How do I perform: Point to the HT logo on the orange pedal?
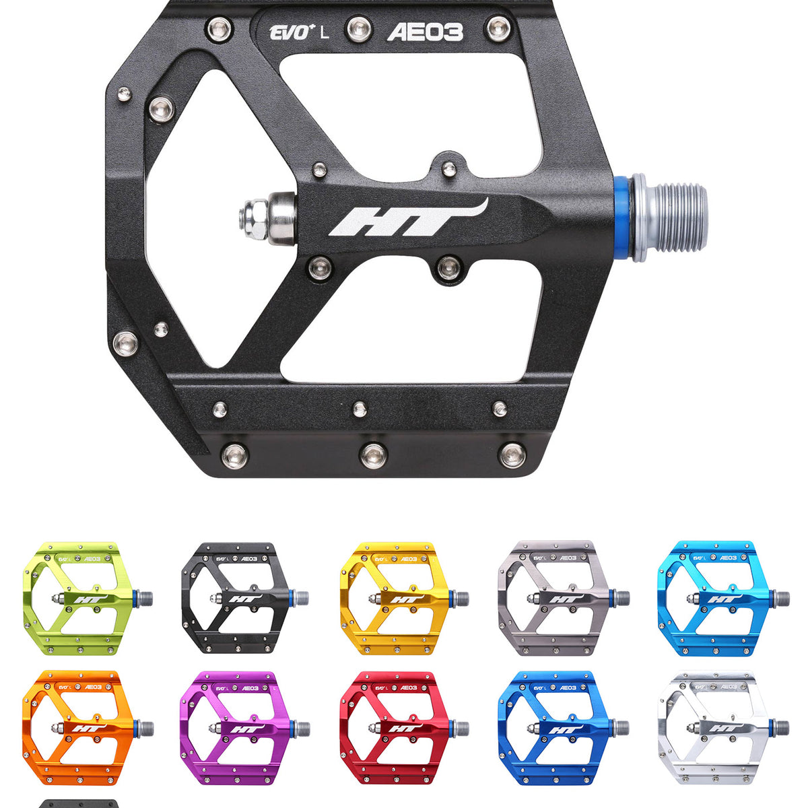(x=84, y=729)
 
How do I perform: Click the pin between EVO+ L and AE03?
(x=359, y=28)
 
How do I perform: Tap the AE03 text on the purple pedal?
(x=250, y=687)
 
